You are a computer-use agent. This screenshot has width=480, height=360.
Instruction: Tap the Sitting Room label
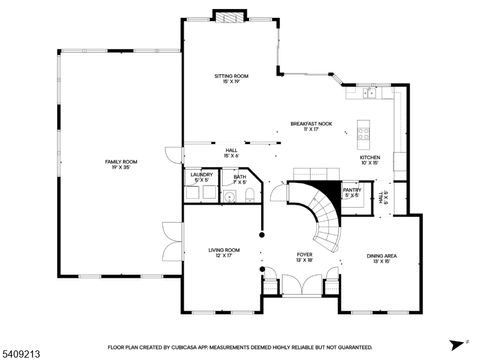pos(231,78)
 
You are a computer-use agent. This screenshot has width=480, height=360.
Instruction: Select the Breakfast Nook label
pos(311,126)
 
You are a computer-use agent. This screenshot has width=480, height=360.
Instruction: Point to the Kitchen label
pos(370,159)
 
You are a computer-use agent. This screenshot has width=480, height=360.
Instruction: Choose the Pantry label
pos(352,192)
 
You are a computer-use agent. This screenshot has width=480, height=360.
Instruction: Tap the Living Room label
pos(223,252)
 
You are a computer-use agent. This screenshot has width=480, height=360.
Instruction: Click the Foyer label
pos(304,257)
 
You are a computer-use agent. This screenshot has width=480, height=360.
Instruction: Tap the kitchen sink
pos(371,93)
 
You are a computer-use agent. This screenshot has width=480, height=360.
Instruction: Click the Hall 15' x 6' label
pos(231,153)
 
